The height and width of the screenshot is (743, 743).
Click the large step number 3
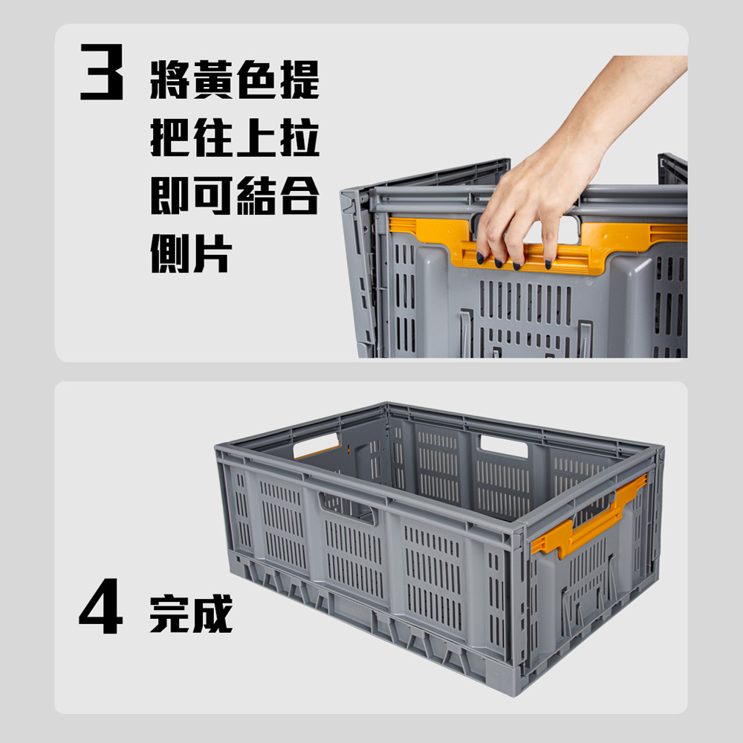(x=101, y=71)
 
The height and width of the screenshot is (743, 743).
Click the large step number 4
(x=100, y=606)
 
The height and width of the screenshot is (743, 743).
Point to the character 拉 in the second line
(x=299, y=137)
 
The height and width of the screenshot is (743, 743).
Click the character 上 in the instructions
(x=256, y=137)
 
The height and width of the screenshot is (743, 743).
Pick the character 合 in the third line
(x=299, y=195)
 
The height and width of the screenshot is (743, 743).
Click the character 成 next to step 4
(x=212, y=614)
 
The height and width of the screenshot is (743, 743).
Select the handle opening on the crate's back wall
(x=504, y=447)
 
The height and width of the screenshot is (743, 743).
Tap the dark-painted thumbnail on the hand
(x=480, y=259)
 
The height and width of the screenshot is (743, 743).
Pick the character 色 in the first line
(x=256, y=80)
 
